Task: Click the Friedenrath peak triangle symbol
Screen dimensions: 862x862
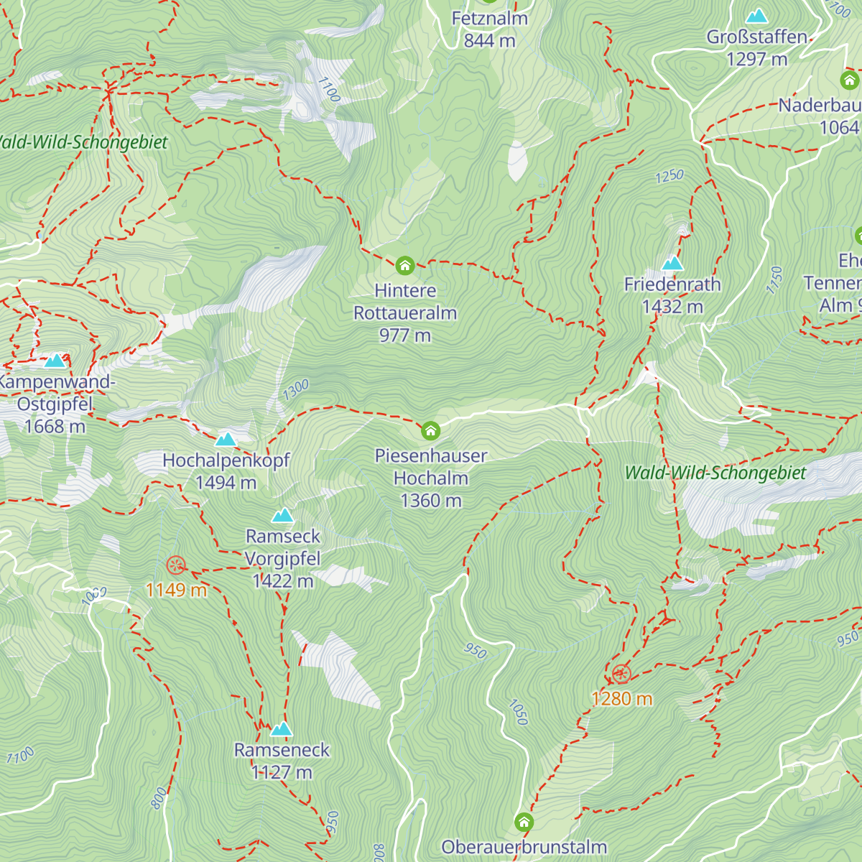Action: tap(672, 264)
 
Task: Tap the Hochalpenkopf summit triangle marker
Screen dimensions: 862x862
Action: tap(226, 439)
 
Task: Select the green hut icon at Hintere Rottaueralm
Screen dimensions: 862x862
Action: tap(405, 266)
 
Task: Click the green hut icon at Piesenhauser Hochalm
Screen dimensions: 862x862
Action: tap(430, 430)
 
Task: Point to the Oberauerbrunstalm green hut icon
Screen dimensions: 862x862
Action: tap(524, 822)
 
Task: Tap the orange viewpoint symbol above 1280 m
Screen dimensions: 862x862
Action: tap(621, 674)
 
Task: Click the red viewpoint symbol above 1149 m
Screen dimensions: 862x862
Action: tap(175, 565)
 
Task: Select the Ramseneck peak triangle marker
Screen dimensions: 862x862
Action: tap(282, 730)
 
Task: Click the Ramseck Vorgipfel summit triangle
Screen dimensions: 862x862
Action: tap(283, 515)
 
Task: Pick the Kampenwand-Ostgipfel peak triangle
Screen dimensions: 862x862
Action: tap(55, 361)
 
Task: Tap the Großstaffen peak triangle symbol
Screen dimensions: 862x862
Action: tap(756, 16)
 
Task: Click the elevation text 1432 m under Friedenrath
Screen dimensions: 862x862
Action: tap(672, 307)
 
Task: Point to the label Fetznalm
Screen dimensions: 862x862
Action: tap(489, 19)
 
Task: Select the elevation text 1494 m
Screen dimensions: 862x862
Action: tap(226, 483)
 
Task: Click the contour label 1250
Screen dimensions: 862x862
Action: tap(669, 176)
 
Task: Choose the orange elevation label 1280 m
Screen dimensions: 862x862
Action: tap(621, 698)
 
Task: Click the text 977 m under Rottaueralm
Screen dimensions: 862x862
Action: tap(405, 335)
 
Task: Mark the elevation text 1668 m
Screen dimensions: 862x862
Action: tap(55, 427)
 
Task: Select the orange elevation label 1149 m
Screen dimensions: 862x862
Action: tap(176, 590)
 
